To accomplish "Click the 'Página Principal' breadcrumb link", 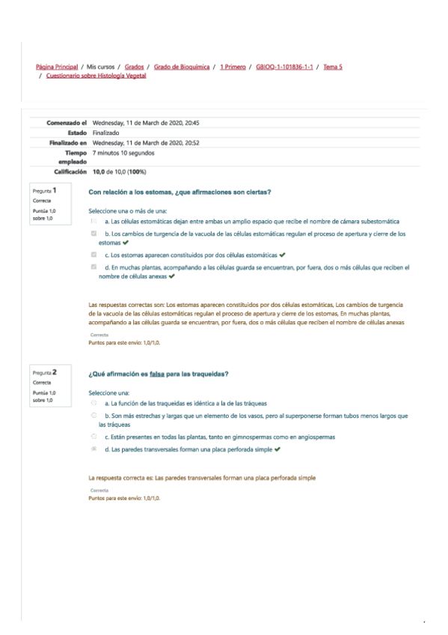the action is pyautogui.click(x=57, y=67).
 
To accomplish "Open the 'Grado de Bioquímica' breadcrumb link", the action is pyautogui.click(x=182, y=67).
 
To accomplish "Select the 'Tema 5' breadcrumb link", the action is pyautogui.click(x=333, y=67).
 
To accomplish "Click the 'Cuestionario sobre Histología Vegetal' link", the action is pyautogui.click(x=96, y=76).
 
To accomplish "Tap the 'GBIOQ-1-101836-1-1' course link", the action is pyautogui.click(x=284, y=67).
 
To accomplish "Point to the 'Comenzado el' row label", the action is pyautogui.click(x=67, y=123).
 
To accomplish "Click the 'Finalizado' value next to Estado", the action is pyautogui.click(x=106, y=133).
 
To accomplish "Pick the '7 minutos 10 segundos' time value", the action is pyautogui.click(x=123, y=153).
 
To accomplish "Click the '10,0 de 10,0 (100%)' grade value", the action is pyautogui.click(x=119, y=171).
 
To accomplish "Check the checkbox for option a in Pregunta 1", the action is pyautogui.click(x=94, y=222).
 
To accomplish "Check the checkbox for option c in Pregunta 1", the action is pyautogui.click(x=94, y=255).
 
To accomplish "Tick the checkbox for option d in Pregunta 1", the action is pyautogui.click(x=94, y=267).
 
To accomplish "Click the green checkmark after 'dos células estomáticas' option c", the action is pyautogui.click(x=282, y=255).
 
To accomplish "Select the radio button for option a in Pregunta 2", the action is pyautogui.click(x=94, y=404).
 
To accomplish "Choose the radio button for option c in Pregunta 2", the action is pyautogui.click(x=94, y=437).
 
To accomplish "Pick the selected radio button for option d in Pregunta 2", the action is pyautogui.click(x=94, y=449).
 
